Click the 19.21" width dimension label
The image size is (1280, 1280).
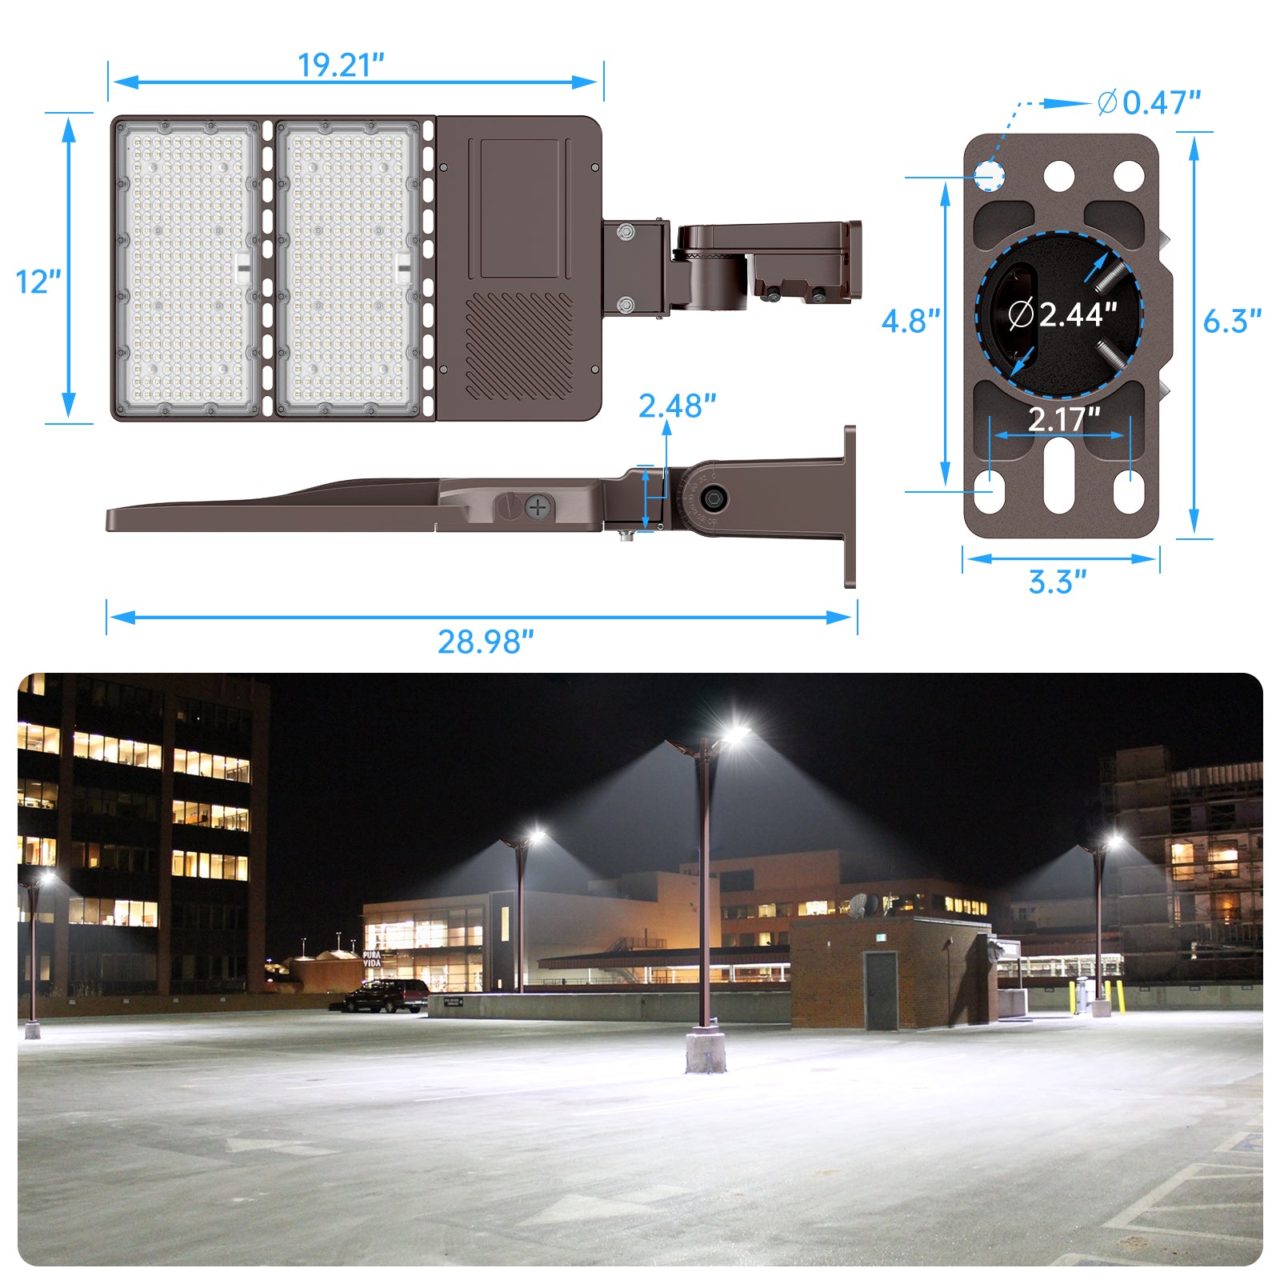341,65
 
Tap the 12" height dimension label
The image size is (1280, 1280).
38,282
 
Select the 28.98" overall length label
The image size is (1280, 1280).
486,642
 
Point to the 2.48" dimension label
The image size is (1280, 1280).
677,406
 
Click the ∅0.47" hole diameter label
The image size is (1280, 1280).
1149,102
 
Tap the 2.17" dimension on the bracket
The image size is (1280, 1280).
1064,418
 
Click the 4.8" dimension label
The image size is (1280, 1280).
910,321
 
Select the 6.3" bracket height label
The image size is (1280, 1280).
1232,321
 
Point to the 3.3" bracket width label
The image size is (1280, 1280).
1058,582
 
